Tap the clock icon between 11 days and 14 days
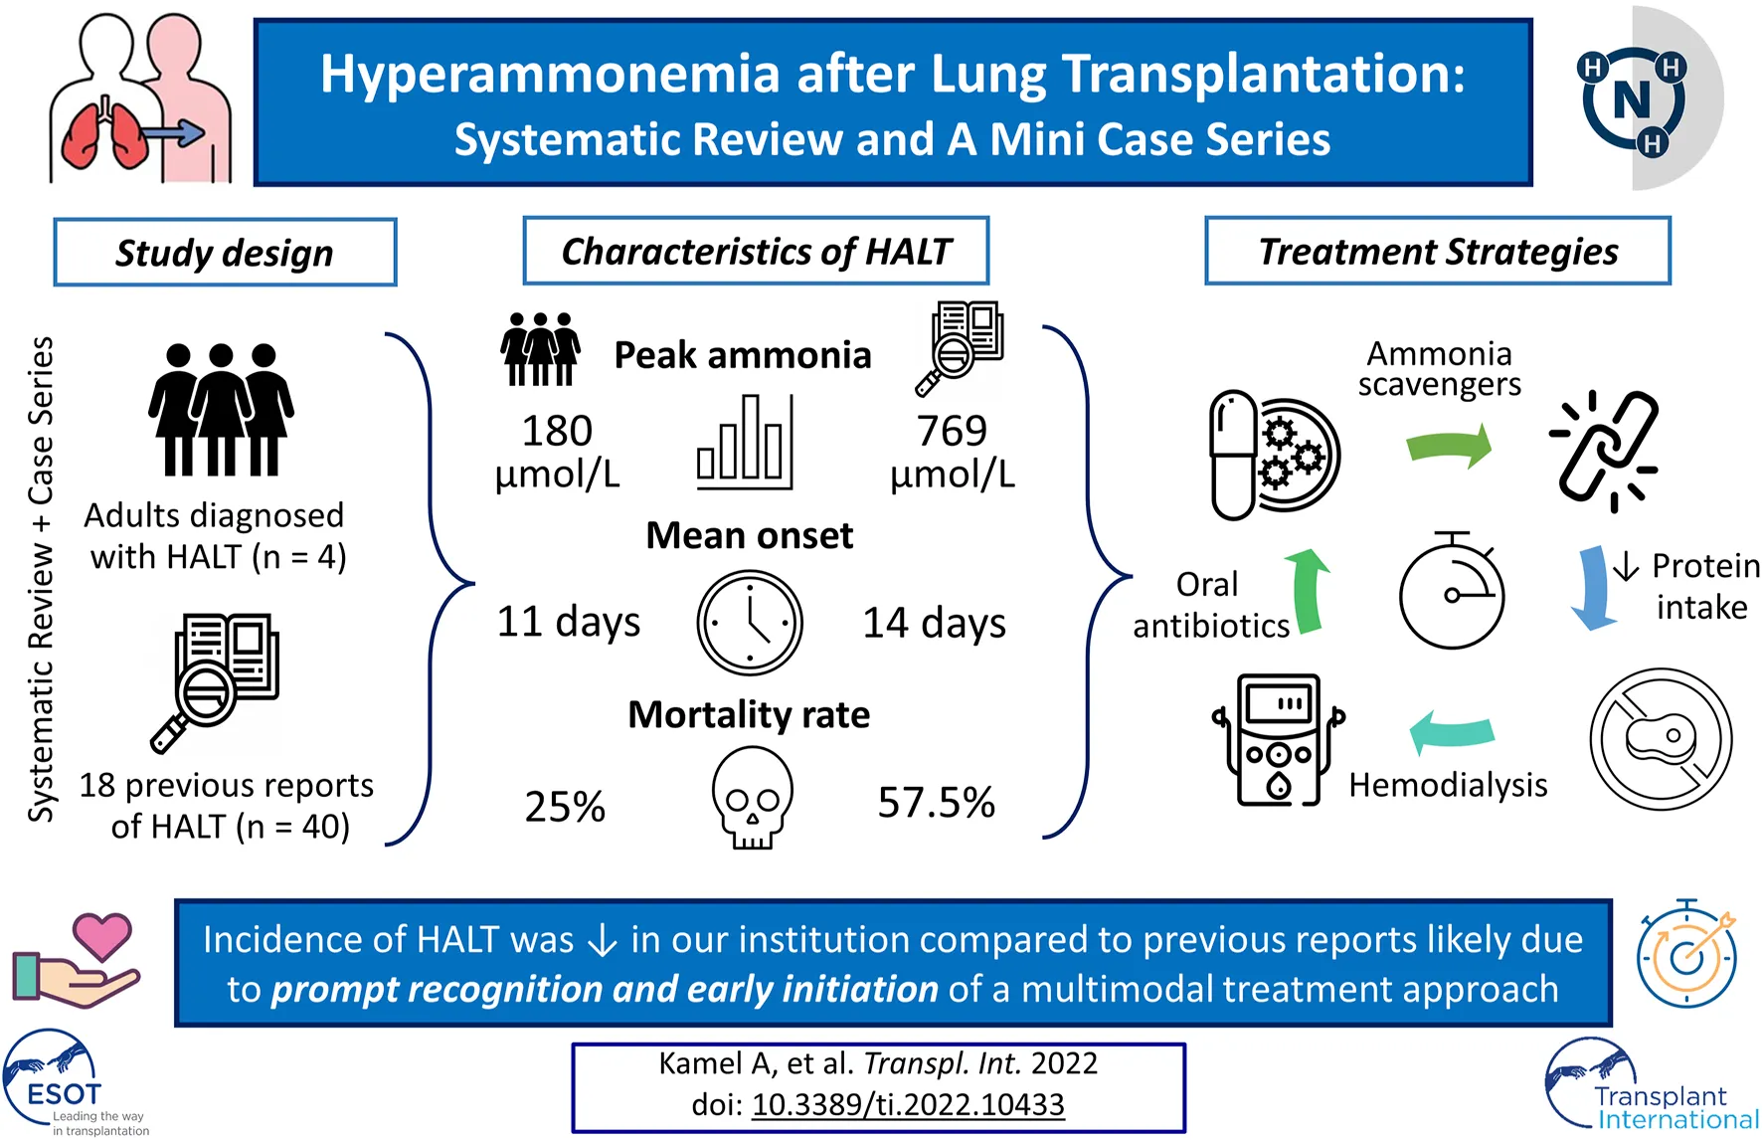click(750, 623)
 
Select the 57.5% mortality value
click(936, 803)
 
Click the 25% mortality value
click(565, 807)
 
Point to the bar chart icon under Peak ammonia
click(745, 443)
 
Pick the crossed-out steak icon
click(1661, 739)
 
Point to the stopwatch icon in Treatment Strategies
click(1452, 591)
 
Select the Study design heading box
click(225, 253)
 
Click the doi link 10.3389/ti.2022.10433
click(908, 1105)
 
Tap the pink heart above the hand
click(102, 937)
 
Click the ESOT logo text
click(64, 1094)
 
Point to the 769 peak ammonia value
click(952, 432)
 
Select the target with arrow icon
click(1687, 955)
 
